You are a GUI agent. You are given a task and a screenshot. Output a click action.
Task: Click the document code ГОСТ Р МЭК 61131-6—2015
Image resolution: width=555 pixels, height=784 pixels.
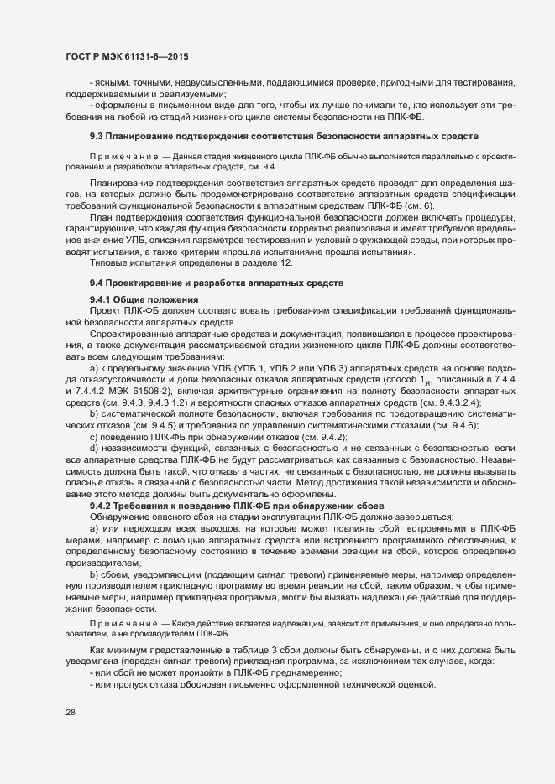pos(126,55)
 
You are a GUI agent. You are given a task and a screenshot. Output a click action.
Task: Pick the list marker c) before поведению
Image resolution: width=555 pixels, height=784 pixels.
pos(94,438)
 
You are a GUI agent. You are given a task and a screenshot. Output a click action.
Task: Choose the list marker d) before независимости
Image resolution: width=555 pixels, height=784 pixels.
pos(94,449)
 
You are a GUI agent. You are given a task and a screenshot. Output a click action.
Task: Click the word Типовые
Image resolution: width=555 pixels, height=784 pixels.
pos(108,262)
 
